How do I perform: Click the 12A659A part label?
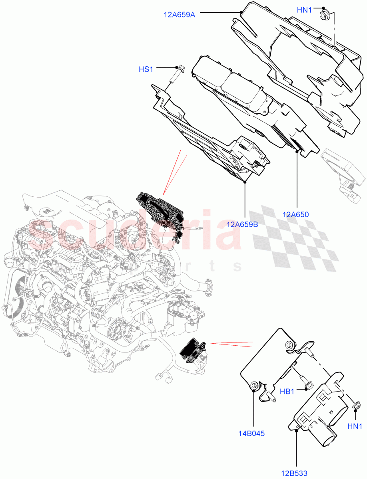[179, 14]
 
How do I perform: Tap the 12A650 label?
[295, 214]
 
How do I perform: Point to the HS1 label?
[146, 69]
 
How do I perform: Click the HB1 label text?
[287, 392]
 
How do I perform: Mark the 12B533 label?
[294, 473]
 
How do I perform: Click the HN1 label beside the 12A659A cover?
[305, 10]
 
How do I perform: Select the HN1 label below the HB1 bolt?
[355, 426]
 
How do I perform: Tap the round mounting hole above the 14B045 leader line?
[253, 385]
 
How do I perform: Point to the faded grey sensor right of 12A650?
[342, 168]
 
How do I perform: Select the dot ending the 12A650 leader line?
[297, 151]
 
